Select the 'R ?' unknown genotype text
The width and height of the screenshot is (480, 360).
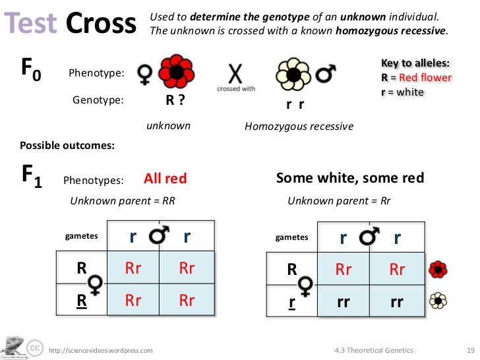(x=174, y=100)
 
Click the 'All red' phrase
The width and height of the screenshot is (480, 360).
(x=165, y=179)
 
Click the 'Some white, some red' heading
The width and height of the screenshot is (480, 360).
(x=349, y=178)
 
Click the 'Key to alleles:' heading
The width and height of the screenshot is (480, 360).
(x=415, y=63)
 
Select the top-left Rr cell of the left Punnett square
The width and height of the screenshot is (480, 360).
(x=133, y=268)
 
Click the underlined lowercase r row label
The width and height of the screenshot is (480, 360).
(x=291, y=302)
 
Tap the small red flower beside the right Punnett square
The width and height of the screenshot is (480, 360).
(x=437, y=269)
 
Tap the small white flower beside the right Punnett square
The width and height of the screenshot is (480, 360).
(x=437, y=301)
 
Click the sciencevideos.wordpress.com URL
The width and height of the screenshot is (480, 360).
(x=101, y=350)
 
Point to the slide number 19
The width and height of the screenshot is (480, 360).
(x=462, y=350)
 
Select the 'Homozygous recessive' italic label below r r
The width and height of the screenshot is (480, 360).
(x=299, y=126)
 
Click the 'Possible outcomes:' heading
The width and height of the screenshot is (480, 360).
(x=58, y=145)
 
